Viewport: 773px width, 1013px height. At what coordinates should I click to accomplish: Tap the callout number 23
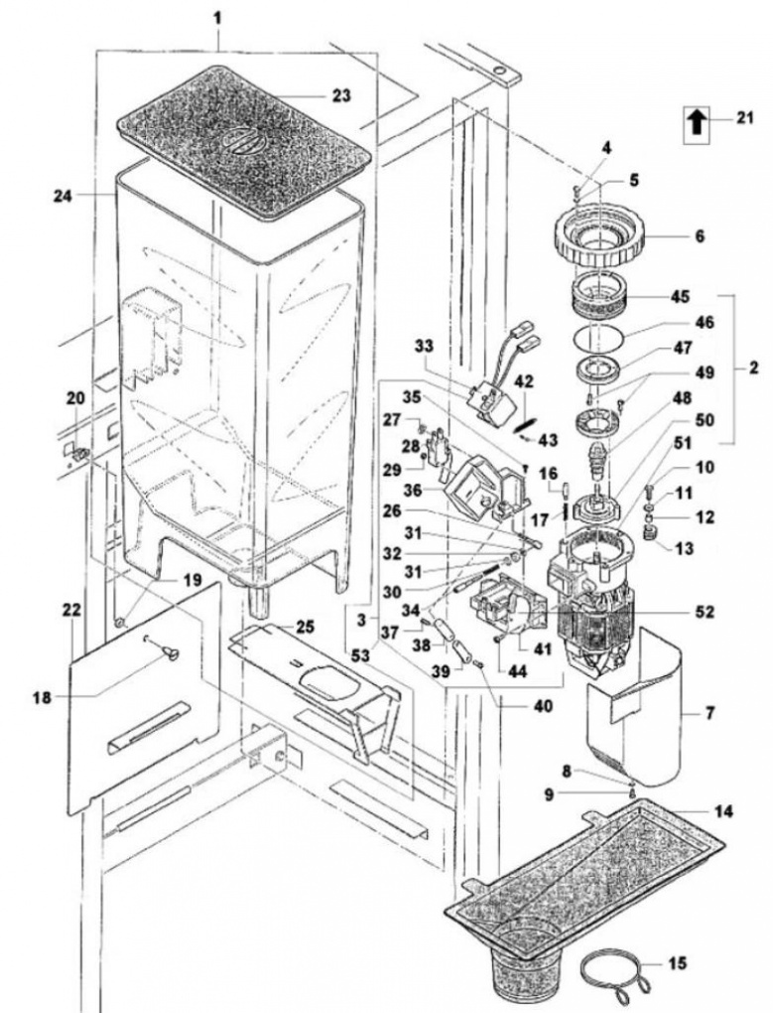(x=341, y=95)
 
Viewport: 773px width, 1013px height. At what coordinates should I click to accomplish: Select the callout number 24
(x=64, y=195)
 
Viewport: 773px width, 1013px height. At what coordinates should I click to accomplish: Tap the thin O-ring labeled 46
(x=599, y=338)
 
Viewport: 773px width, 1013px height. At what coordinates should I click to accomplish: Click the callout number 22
(x=72, y=609)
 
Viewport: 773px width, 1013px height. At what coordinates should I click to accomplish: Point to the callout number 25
(x=306, y=626)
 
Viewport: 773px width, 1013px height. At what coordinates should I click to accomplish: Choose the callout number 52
(x=705, y=611)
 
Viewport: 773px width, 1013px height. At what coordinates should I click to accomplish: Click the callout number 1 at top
(x=218, y=18)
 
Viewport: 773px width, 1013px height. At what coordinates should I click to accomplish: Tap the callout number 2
(x=753, y=369)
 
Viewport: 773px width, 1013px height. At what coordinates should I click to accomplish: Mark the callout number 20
(x=75, y=398)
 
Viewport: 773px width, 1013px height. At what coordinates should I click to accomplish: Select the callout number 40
(x=543, y=706)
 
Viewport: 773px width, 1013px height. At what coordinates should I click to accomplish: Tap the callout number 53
(x=361, y=655)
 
